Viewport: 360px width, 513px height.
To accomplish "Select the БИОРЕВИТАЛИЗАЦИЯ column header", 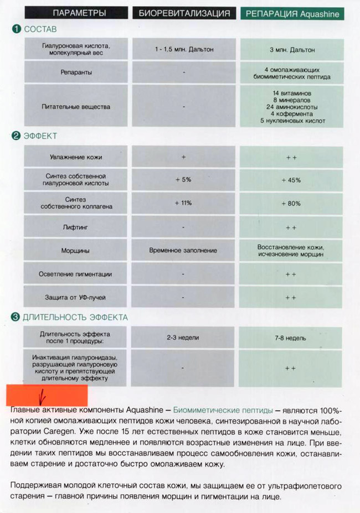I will (183, 13).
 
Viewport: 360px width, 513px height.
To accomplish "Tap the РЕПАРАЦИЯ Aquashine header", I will (292, 13).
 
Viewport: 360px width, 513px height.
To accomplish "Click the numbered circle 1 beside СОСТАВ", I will (17, 28).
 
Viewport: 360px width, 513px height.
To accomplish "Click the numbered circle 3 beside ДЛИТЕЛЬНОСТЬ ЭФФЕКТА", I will (16, 317).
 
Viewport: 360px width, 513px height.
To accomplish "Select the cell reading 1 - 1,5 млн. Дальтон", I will (183, 49).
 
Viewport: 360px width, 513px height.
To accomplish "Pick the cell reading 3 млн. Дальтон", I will (292, 50).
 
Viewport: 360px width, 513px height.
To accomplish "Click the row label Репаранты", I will (76, 72).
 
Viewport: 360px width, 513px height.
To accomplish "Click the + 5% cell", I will (183, 180).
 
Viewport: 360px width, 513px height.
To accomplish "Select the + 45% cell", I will (291, 180).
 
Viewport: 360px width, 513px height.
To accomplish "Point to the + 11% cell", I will (183, 203).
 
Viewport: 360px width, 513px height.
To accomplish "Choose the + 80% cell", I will (291, 203).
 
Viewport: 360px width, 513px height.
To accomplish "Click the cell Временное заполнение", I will (183, 251).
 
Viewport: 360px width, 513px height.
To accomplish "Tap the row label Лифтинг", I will (76, 227).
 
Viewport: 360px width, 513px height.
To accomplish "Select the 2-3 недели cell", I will (183, 337).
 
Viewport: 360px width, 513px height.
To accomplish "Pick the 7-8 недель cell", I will (292, 338).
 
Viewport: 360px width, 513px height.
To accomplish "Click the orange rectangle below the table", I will (47, 395).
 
